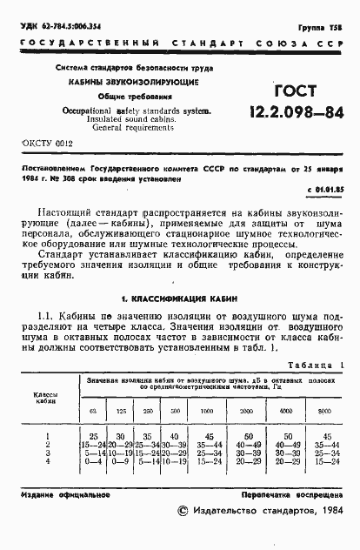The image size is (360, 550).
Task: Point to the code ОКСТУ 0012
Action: click(x=43, y=142)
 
